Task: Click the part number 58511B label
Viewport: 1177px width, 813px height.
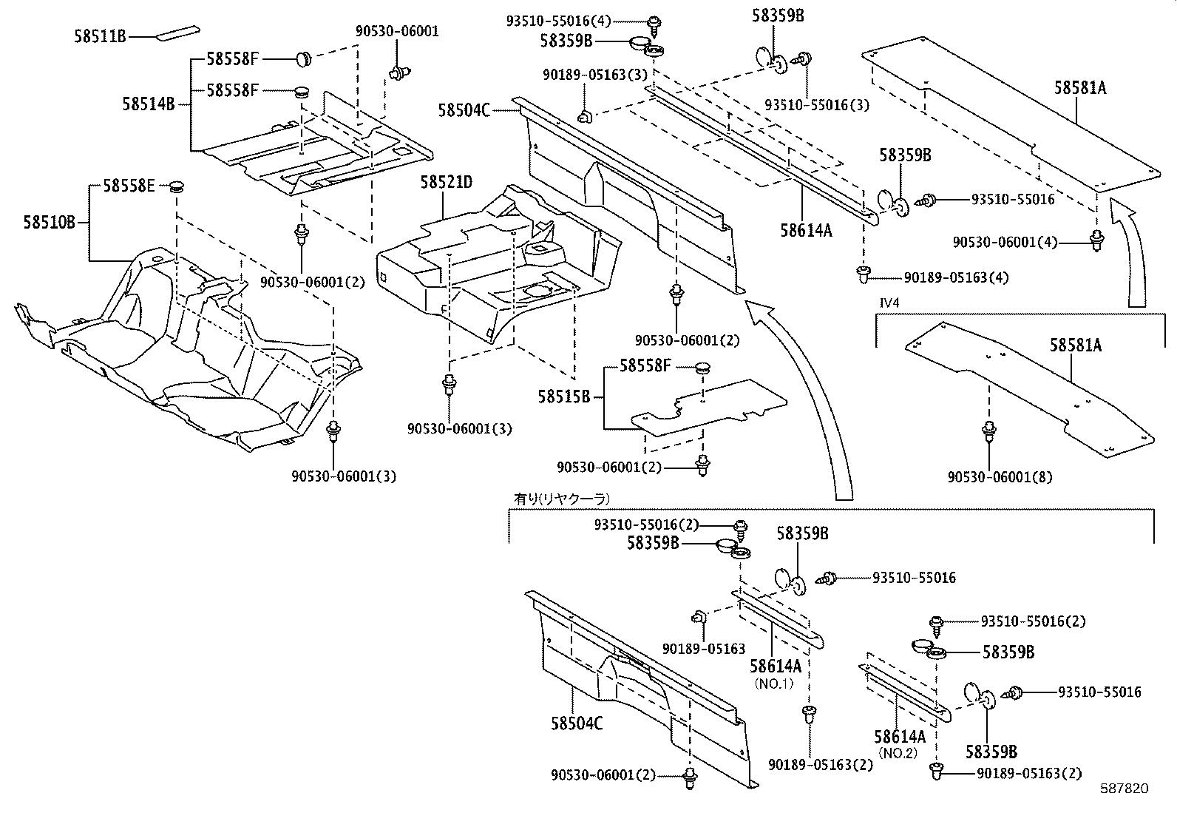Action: (x=100, y=35)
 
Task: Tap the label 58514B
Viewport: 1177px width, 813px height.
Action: (x=148, y=104)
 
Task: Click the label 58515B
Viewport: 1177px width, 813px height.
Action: (x=563, y=397)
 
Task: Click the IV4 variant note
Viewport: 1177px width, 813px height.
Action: (x=886, y=302)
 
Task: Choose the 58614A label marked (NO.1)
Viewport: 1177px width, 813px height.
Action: (x=775, y=667)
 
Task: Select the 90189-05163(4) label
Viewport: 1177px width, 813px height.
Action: (x=956, y=277)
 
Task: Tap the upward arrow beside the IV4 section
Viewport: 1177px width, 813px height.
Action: (x=1131, y=252)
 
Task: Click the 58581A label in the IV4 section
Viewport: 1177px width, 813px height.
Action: (x=1076, y=345)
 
